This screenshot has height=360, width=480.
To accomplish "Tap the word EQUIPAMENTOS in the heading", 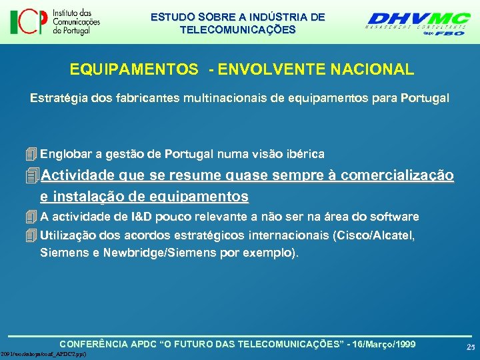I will coord(133,69).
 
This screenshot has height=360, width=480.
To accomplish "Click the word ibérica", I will coord(303,155).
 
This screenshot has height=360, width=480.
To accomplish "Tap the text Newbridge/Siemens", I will coord(149,253).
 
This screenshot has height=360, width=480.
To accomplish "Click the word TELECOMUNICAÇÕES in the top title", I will coord(238,30).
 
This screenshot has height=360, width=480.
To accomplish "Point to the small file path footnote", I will coord(44,353).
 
